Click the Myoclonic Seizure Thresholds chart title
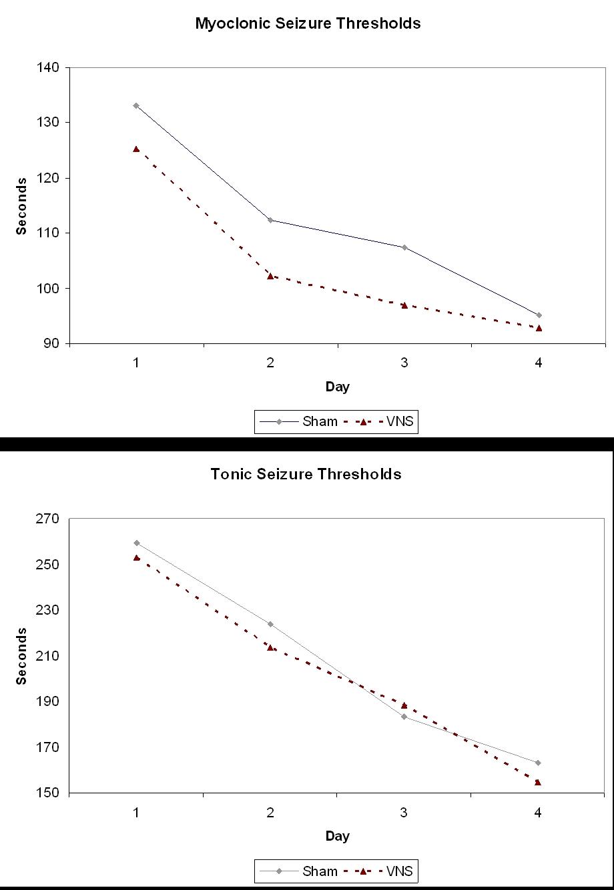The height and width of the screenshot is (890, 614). pyautogui.click(x=308, y=23)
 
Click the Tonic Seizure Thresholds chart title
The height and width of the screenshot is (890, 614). pyautogui.click(x=306, y=474)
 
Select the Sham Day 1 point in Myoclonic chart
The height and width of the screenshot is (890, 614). pyautogui.click(x=136, y=105)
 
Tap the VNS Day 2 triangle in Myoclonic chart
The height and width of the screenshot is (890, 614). pyautogui.click(x=270, y=275)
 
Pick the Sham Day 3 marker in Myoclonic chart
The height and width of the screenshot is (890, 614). pyautogui.click(x=404, y=247)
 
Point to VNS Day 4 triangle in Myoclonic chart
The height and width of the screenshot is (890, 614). pyautogui.click(x=539, y=328)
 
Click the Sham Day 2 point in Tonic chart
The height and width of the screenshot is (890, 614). pyautogui.click(x=270, y=624)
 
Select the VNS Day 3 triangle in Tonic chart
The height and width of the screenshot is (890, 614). pyautogui.click(x=404, y=705)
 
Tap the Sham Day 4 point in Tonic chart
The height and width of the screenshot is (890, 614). pyautogui.click(x=539, y=763)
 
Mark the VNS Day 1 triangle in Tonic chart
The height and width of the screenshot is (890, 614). pyautogui.click(x=136, y=557)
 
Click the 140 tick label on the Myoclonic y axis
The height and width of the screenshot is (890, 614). pyautogui.click(x=51, y=67)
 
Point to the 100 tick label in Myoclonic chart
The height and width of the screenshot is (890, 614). pyautogui.click(x=51, y=289)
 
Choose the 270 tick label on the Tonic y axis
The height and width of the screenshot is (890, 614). pyautogui.click(x=51, y=519)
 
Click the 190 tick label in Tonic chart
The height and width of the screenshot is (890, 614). pyautogui.click(x=51, y=702)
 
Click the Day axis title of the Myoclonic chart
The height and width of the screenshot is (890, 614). pyautogui.click(x=337, y=387)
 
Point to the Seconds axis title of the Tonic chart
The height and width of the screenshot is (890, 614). pyautogui.click(x=22, y=655)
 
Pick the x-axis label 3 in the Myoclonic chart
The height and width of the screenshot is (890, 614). pyautogui.click(x=404, y=363)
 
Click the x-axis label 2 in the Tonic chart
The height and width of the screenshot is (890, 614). pyautogui.click(x=270, y=812)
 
